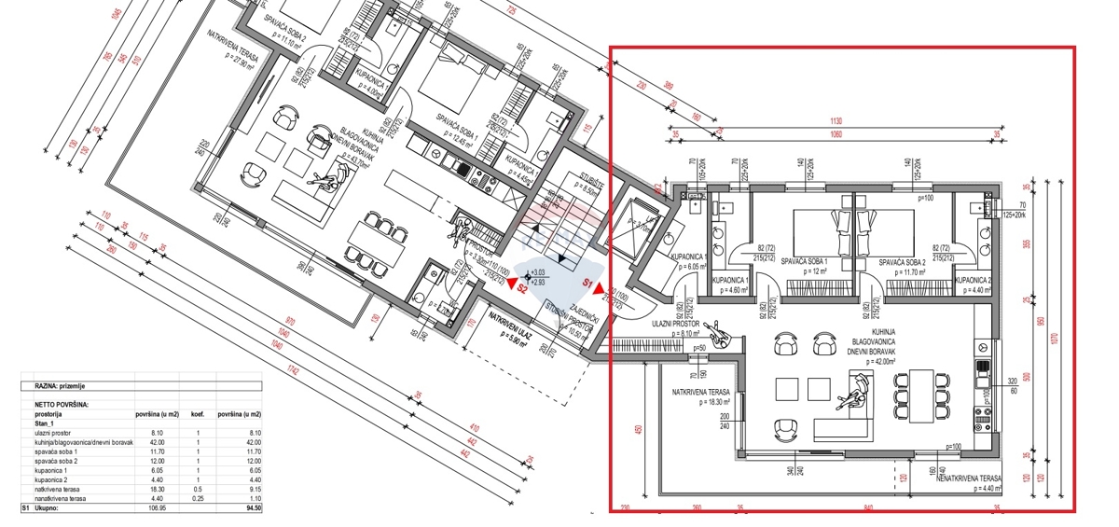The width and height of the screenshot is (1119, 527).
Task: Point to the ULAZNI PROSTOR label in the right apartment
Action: (676, 323)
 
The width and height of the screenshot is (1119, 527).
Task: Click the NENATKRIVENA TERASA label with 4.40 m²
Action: (969, 478)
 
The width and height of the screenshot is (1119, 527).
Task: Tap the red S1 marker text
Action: (588, 280)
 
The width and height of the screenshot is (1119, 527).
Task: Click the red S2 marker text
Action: (523, 289)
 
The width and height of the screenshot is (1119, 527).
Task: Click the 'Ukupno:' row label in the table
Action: (48, 509)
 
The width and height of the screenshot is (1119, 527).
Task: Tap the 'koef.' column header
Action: (198, 413)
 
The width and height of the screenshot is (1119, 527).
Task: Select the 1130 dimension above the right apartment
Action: (835, 121)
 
